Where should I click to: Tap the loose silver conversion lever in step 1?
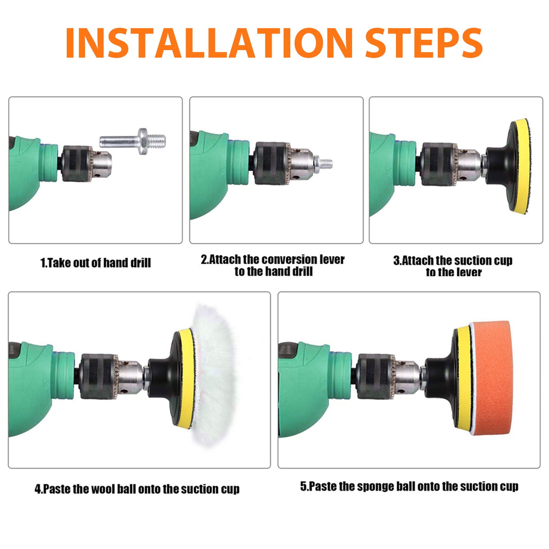pyautogui.click(x=133, y=141)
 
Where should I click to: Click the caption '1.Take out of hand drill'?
pyautogui.click(x=96, y=263)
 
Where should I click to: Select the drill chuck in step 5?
pyautogui.click(x=388, y=376)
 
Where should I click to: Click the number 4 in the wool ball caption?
pyautogui.click(x=38, y=489)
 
